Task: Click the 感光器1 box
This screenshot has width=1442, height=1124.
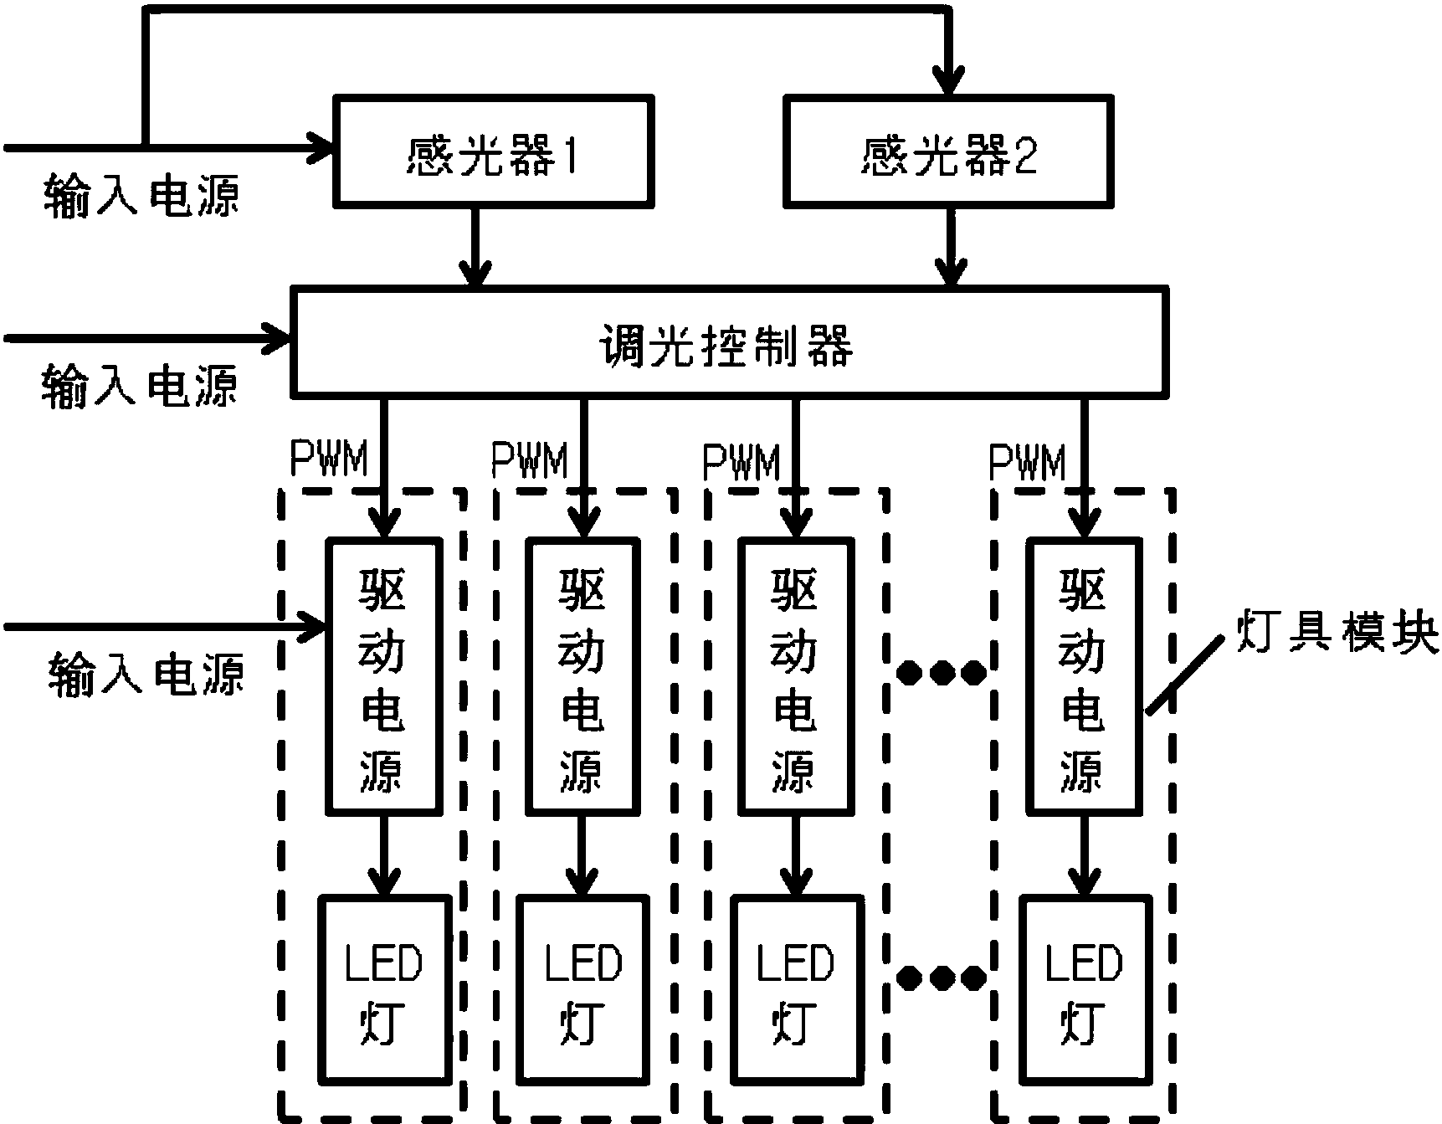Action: coord(493,151)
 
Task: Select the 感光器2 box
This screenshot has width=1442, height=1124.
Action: coord(948,151)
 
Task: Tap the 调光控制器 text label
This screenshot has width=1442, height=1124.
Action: coord(726,345)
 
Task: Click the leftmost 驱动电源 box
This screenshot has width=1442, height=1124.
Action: coord(383,676)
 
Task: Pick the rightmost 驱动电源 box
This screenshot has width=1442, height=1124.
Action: coord(1084,676)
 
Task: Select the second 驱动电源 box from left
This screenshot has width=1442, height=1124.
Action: coord(582,676)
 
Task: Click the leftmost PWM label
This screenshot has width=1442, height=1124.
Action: coord(328,459)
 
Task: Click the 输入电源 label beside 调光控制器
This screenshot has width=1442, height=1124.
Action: coord(139,387)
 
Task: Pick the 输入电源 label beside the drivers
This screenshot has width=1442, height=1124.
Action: coord(146,675)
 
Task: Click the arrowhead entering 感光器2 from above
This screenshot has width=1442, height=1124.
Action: coord(949,80)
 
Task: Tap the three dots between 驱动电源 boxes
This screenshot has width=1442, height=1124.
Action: coord(940,672)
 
